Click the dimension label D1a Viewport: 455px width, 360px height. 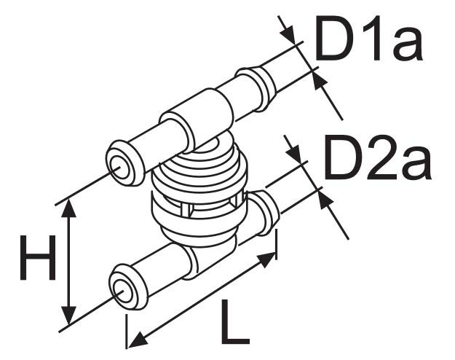(x=368, y=38)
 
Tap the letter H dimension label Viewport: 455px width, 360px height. (x=38, y=258)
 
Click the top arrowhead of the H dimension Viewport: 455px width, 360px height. (x=68, y=208)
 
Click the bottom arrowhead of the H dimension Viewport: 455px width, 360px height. (x=68, y=315)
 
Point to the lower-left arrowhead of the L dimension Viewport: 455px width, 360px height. (x=138, y=340)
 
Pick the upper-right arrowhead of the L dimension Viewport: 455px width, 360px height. (x=266, y=259)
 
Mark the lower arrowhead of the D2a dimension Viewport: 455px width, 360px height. (x=325, y=200)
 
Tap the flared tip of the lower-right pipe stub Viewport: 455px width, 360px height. (x=264, y=212)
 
